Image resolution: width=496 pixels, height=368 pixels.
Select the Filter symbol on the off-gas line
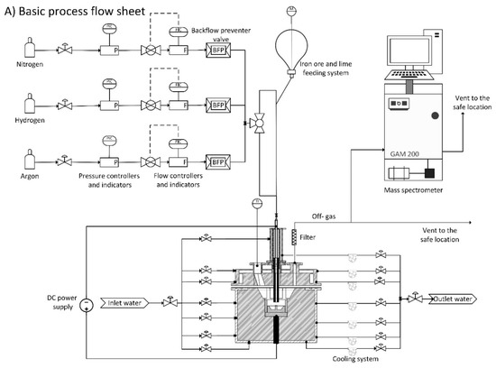(294, 238)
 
